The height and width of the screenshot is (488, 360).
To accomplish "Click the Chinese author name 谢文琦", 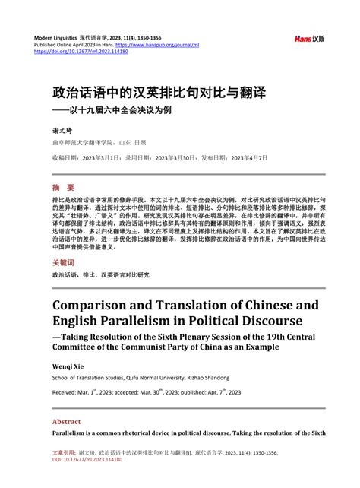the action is (x=62, y=129).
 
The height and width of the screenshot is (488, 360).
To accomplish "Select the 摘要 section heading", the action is (x=63, y=188).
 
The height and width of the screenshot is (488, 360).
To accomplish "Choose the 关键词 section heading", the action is (x=67, y=262).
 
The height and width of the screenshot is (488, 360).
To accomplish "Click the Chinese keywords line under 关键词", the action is (x=100, y=274).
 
